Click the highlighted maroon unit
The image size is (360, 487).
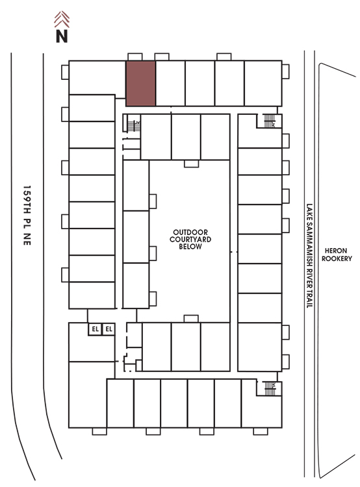(140, 83)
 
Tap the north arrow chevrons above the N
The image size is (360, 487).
(62, 19)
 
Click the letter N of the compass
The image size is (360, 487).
(62, 36)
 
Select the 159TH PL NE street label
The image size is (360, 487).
(27, 216)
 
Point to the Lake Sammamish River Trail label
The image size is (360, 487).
(309, 256)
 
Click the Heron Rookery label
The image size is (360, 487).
(337, 255)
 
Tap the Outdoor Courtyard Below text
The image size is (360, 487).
(190, 240)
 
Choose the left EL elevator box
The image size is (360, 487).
(95, 329)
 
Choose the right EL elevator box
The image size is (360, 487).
(109, 329)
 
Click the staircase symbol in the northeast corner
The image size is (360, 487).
(269, 121)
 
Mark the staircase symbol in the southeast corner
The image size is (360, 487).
(270, 388)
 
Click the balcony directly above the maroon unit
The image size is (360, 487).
(135, 57)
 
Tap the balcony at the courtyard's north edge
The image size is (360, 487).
(191, 164)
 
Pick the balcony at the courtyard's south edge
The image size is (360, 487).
(191, 319)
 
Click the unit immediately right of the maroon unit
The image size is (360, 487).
(170, 83)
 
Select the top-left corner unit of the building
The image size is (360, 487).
(97, 78)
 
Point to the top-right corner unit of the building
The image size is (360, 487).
(263, 83)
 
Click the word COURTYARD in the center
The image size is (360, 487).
(190, 240)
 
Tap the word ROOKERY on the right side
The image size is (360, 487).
(337, 258)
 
